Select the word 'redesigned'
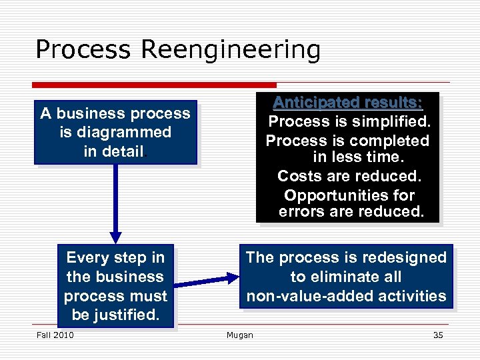(403, 257)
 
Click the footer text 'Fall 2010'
(55, 335)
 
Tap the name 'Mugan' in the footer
(239, 335)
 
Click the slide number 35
(437, 335)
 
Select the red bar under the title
(154, 85)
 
